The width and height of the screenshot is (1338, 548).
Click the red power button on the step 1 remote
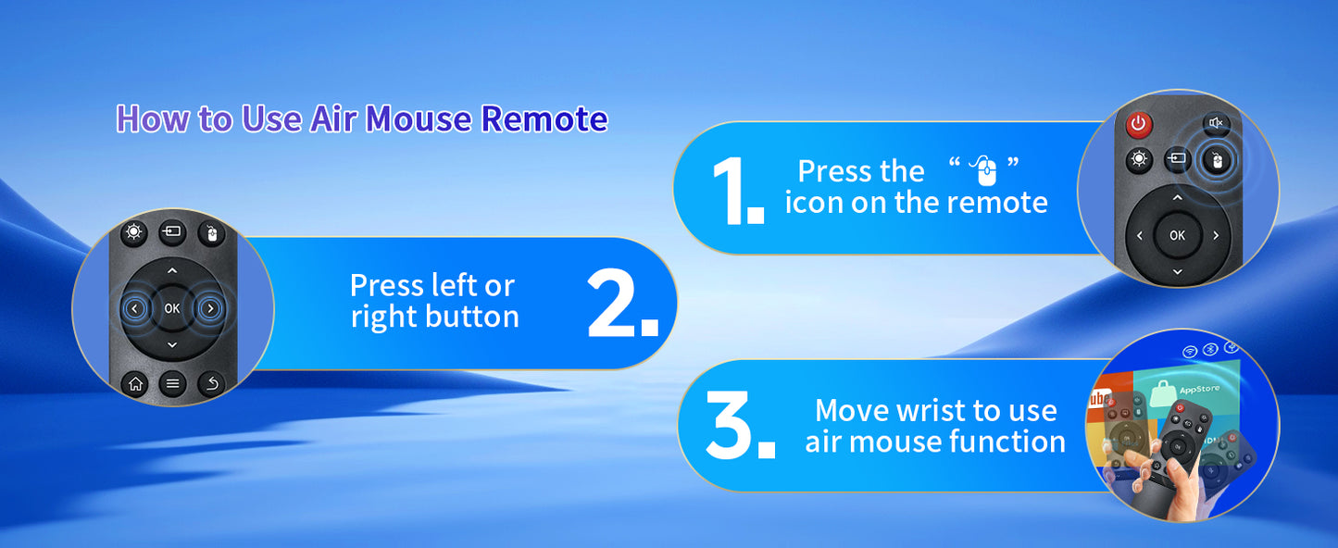[x=1139, y=124]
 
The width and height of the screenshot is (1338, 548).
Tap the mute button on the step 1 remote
[x=1216, y=123]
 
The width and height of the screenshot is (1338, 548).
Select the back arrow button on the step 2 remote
[x=211, y=384]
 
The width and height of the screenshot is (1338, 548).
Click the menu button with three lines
[x=172, y=384]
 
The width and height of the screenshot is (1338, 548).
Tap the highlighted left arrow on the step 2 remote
[x=135, y=308]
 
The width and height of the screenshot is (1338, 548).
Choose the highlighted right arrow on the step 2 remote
[x=209, y=308]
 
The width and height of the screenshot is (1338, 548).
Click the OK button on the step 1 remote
[x=1177, y=235]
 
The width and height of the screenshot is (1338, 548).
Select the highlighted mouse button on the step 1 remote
[x=1217, y=160]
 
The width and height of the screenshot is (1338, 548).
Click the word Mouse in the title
[x=419, y=118]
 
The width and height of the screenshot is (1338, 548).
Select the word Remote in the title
[x=544, y=118]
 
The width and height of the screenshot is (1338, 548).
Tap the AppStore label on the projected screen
[x=1199, y=389]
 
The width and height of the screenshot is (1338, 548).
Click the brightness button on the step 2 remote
[x=133, y=231]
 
